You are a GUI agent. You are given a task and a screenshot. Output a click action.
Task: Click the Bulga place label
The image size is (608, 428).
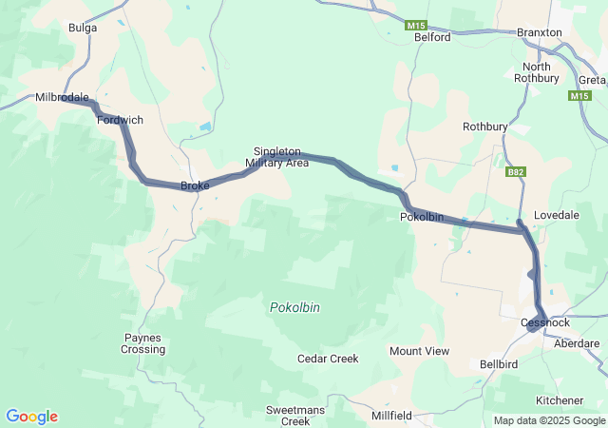click(x=83, y=28)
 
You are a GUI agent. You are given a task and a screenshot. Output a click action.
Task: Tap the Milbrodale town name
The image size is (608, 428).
click(x=62, y=97)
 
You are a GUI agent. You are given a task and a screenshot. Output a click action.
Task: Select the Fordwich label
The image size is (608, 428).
click(x=120, y=121)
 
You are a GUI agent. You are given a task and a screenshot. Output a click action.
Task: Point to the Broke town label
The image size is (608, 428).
click(x=195, y=185)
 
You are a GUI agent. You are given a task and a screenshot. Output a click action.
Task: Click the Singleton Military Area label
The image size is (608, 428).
click(x=276, y=157)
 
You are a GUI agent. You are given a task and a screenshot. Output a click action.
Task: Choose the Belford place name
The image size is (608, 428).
click(x=432, y=37)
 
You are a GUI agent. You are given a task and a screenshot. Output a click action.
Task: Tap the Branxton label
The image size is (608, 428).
click(x=540, y=32)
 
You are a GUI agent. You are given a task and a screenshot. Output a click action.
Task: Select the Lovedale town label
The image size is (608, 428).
click(x=557, y=216)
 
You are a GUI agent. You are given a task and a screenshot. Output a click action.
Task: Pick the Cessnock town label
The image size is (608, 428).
click(x=545, y=322)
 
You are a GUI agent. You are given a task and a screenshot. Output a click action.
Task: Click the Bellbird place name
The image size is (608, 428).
click(x=498, y=364)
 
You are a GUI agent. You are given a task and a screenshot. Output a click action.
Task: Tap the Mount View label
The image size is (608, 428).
click(x=419, y=351)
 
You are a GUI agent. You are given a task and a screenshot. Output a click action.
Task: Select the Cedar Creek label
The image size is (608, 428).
click(x=328, y=359)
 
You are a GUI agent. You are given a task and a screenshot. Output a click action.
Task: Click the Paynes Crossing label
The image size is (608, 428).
click(x=142, y=343)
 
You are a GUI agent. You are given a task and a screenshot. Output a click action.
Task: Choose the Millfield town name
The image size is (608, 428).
click(x=391, y=416)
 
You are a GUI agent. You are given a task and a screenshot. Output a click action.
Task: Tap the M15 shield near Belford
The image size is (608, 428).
click(x=416, y=25)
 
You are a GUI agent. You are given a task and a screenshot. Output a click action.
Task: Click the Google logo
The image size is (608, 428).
click(x=31, y=417)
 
